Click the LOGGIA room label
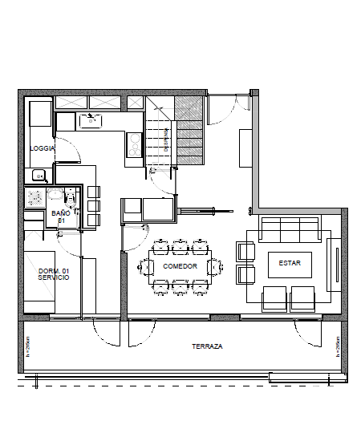[x=42, y=148]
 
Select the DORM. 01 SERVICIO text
[x=54, y=275]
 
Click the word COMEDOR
[x=179, y=266]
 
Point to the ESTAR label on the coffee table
[x=290, y=263]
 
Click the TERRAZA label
[x=207, y=346]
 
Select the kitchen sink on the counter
[x=90, y=121]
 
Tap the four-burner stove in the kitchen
[x=134, y=144]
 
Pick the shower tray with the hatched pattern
[x=34, y=198]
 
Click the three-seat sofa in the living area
[x=290, y=229]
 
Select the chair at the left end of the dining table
[x=146, y=265]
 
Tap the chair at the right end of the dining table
[x=214, y=265]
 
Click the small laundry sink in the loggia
[x=37, y=176]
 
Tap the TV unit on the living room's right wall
[x=335, y=266]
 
